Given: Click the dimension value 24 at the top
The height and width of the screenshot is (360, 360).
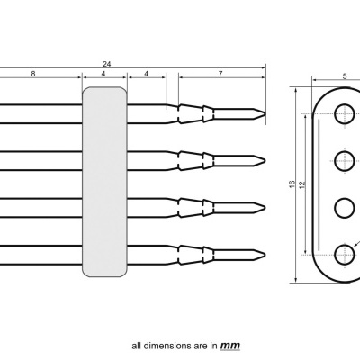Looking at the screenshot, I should click(x=106, y=63).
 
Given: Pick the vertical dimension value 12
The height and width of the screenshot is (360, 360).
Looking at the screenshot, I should click(x=302, y=184).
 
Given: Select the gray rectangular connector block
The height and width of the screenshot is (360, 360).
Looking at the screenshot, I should click(x=104, y=181).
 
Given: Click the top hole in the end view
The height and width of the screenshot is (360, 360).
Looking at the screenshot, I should click(x=345, y=114).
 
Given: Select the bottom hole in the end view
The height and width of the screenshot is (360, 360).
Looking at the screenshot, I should click(x=345, y=255).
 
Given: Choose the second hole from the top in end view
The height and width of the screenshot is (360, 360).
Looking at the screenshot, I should click(x=345, y=161).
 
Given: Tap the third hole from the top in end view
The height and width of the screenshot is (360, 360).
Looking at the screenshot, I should click(x=345, y=208).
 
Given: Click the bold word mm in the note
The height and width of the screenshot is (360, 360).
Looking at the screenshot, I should click(x=230, y=345).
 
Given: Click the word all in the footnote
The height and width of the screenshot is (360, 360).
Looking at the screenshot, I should click(x=137, y=345).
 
